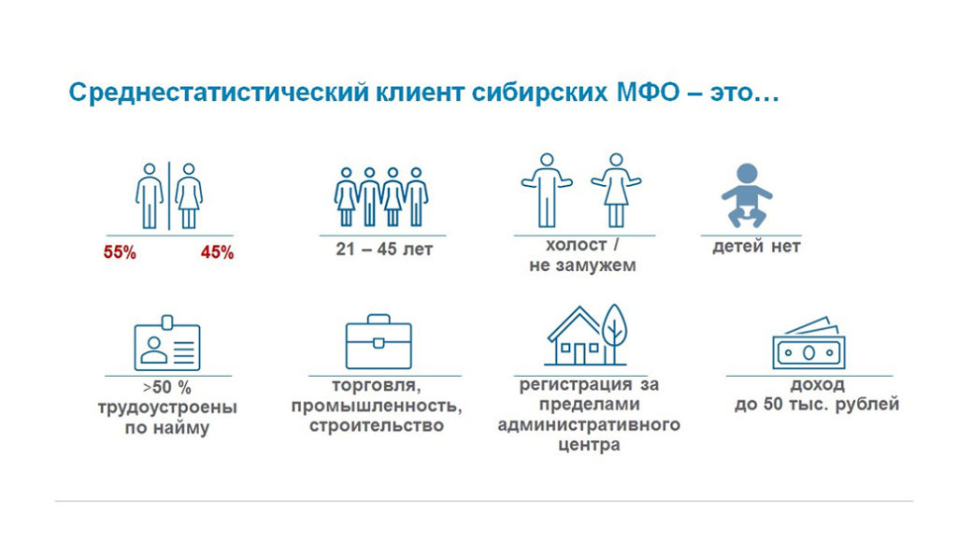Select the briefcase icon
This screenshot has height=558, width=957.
tap(378, 342)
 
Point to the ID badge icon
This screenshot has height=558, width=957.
tap(167, 344)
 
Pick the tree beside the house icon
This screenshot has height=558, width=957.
tap(614, 333)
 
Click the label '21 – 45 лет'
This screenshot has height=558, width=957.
tap(384, 250)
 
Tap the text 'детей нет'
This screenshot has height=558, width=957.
tap(756, 248)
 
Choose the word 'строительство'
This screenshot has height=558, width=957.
tap(379, 426)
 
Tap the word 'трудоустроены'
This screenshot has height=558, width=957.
tap(167, 408)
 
